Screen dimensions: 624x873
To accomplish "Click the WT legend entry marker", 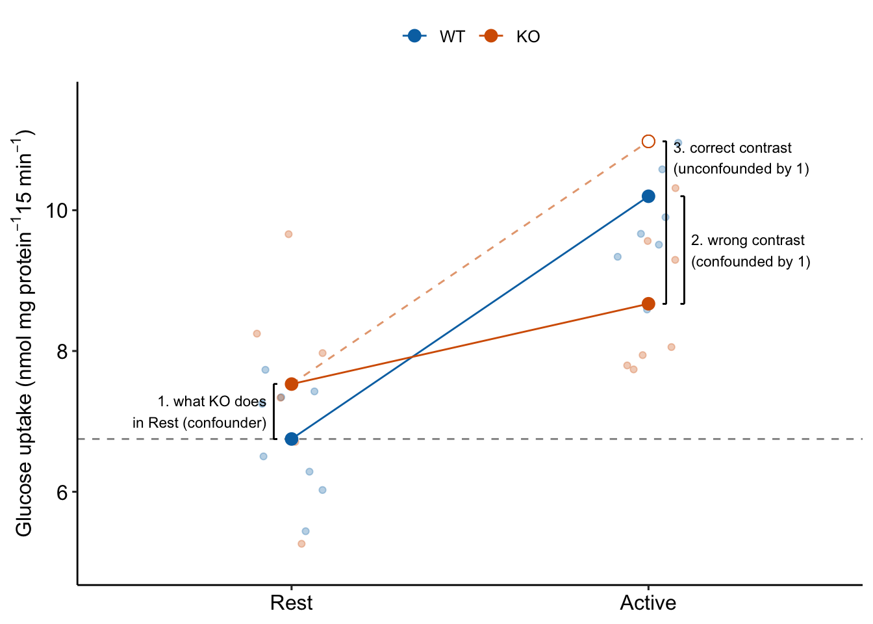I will click(x=414, y=36).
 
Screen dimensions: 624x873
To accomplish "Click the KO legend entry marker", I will click(x=491, y=36).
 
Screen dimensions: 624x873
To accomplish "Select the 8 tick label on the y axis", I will click(x=62, y=352).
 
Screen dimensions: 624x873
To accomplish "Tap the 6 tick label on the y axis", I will click(x=62, y=492).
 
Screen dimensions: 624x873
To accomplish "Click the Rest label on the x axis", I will click(x=291, y=603).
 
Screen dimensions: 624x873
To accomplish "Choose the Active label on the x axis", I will click(x=648, y=603).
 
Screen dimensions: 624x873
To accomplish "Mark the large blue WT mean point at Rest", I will click(x=292, y=439).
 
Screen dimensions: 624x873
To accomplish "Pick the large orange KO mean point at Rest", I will click(x=292, y=384).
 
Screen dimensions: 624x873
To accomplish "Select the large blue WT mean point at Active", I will click(x=648, y=196).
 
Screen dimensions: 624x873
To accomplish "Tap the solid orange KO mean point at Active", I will click(x=648, y=304).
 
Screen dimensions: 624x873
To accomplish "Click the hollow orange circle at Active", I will click(x=648, y=142).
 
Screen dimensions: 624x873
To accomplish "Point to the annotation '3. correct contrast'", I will click(x=733, y=148).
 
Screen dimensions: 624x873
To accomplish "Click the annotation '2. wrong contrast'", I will click(x=748, y=240).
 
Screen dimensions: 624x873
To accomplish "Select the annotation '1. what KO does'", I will click(x=212, y=402).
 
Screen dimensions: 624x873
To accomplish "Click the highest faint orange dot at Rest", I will click(x=288, y=234).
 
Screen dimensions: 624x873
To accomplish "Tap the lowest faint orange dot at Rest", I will click(x=301, y=543).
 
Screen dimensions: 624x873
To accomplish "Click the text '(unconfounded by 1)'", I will click(x=741, y=169).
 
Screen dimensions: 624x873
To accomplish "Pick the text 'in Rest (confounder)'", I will click(x=199, y=423).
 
